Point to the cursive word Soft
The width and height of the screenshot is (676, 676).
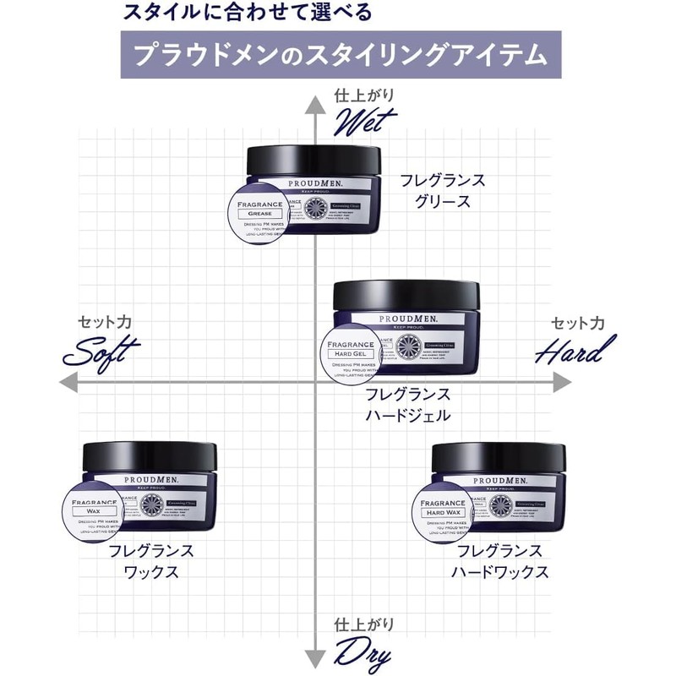pos(100,351)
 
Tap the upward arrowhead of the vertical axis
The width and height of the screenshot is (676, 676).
pos(315,104)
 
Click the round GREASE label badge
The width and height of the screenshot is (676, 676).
pos(261,211)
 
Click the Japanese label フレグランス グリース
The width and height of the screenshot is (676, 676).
pos(443,190)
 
